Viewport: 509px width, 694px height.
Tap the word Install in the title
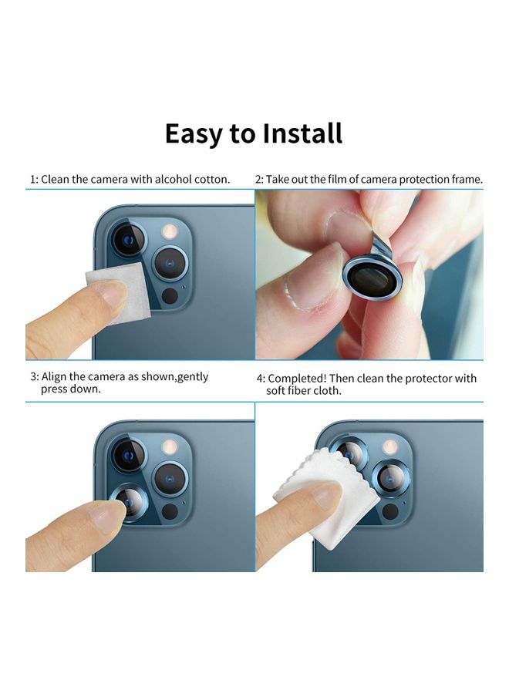[302, 133]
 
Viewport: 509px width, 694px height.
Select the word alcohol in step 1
[175, 179]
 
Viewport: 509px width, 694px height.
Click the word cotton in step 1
[213, 179]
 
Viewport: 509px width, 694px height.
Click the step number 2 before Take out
[259, 179]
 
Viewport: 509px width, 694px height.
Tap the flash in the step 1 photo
[169, 231]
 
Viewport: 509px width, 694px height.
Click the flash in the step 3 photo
[169, 446]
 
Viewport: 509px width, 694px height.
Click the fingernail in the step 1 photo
[114, 294]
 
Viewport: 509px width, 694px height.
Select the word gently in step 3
[193, 377]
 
